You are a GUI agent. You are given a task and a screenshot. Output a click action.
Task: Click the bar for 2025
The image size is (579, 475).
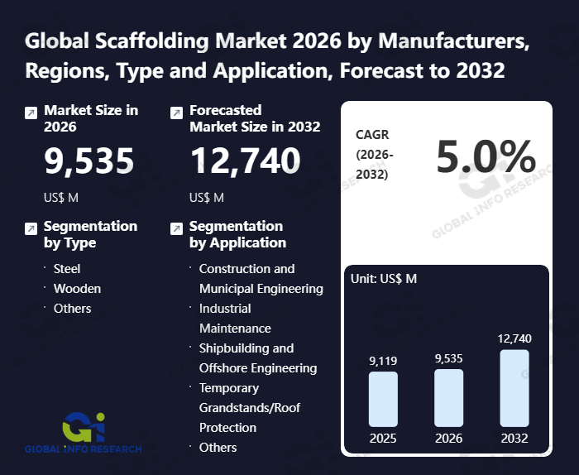[383, 399]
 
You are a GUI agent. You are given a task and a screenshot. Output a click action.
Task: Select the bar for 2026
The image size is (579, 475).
[448, 398]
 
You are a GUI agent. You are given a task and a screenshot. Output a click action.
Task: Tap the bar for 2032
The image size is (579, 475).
[514, 388]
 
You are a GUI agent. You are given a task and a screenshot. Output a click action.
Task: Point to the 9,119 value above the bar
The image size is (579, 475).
[383, 361]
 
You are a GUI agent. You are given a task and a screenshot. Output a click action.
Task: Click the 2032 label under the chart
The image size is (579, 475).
[514, 439]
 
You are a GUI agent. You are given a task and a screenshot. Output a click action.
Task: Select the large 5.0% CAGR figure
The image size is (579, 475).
[486, 156]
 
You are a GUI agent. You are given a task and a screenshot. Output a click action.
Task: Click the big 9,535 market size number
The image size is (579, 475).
[89, 161]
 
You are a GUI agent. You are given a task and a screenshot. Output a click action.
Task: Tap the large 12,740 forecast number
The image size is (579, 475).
[245, 161]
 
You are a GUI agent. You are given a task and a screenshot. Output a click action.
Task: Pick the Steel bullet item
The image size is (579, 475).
[67, 269]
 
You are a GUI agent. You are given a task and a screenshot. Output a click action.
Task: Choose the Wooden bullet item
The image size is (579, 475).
[77, 289]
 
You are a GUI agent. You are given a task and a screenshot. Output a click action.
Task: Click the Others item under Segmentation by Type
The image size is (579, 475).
[73, 309]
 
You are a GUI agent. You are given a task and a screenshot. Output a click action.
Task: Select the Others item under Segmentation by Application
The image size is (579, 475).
[218, 448]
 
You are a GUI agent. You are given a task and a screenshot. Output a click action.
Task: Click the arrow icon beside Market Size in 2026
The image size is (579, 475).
[31, 113]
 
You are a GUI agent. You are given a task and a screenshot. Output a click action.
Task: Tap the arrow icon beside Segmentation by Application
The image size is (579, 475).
[176, 228]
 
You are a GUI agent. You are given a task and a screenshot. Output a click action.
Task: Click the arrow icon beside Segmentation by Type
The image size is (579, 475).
[31, 228]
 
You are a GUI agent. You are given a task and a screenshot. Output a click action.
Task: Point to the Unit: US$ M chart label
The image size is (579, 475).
[384, 279]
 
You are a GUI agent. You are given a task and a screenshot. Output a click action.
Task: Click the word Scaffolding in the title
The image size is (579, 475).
[152, 41]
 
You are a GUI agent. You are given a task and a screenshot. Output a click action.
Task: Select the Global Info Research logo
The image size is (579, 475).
[84, 433]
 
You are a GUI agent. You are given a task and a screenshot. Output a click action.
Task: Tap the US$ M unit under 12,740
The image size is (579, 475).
[207, 198]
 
